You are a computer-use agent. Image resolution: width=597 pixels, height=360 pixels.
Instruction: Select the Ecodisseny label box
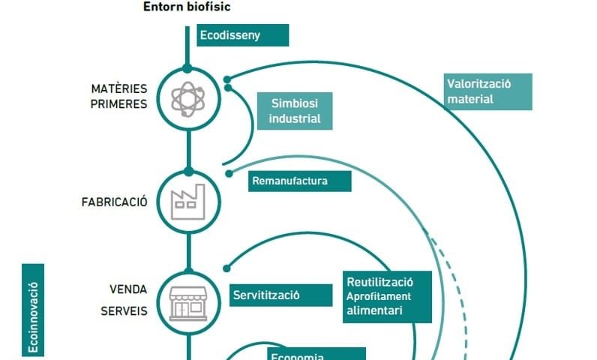tap(242, 35)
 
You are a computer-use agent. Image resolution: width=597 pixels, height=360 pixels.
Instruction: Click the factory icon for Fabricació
tap(187, 200)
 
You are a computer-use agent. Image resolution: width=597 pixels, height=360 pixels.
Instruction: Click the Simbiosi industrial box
tap(295, 111)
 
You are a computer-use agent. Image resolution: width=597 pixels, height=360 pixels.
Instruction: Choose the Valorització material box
tap(487, 91)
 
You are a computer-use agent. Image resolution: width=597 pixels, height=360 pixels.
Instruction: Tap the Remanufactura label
tap(298, 181)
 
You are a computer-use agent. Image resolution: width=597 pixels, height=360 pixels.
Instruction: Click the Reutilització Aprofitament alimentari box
tap(388, 296)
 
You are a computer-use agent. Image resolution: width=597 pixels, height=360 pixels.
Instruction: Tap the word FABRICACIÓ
tap(114, 202)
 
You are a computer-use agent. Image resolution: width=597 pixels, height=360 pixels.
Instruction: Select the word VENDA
tap(128, 289)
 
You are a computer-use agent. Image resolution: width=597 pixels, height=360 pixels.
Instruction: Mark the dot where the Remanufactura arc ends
tap(229, 173)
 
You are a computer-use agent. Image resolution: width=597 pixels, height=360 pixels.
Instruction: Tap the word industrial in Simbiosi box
tap(295, 118)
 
